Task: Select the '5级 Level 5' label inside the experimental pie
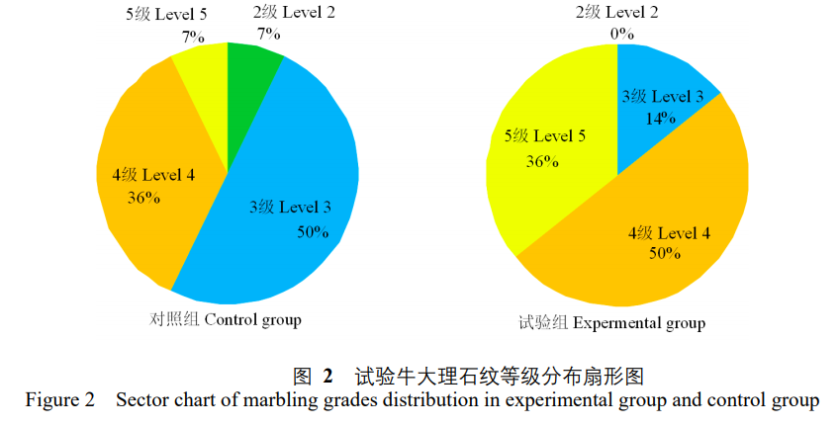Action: (x=545, y=136)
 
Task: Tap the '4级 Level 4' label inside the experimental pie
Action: (x=670, y=233)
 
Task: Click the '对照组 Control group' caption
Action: (x=225, y=319)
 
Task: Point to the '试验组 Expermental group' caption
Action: (x=611, y=322)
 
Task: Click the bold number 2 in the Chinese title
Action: (x=327, y=376)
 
